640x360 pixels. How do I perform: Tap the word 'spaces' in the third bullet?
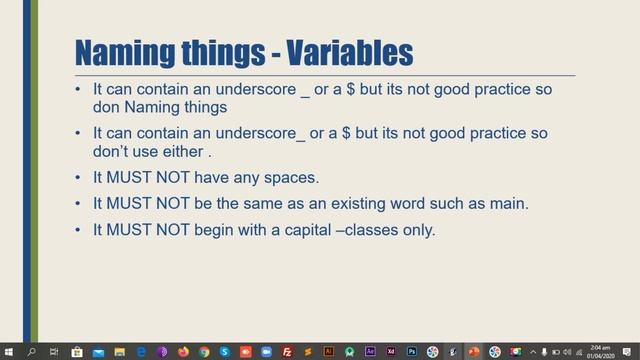(x=288, y=178)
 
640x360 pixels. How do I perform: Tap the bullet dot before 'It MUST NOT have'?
(x=79, y=178)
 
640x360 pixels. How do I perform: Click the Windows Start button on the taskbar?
(x=10, y=351)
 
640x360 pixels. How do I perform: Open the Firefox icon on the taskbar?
(x=183, y=351)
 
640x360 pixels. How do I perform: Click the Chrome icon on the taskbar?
(x=204, y=351)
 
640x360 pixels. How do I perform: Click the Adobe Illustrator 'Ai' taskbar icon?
(x=328, y=351)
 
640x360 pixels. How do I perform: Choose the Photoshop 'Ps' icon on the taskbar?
(x=411, y=351)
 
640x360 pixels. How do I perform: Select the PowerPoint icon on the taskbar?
(x=474, y=351)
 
